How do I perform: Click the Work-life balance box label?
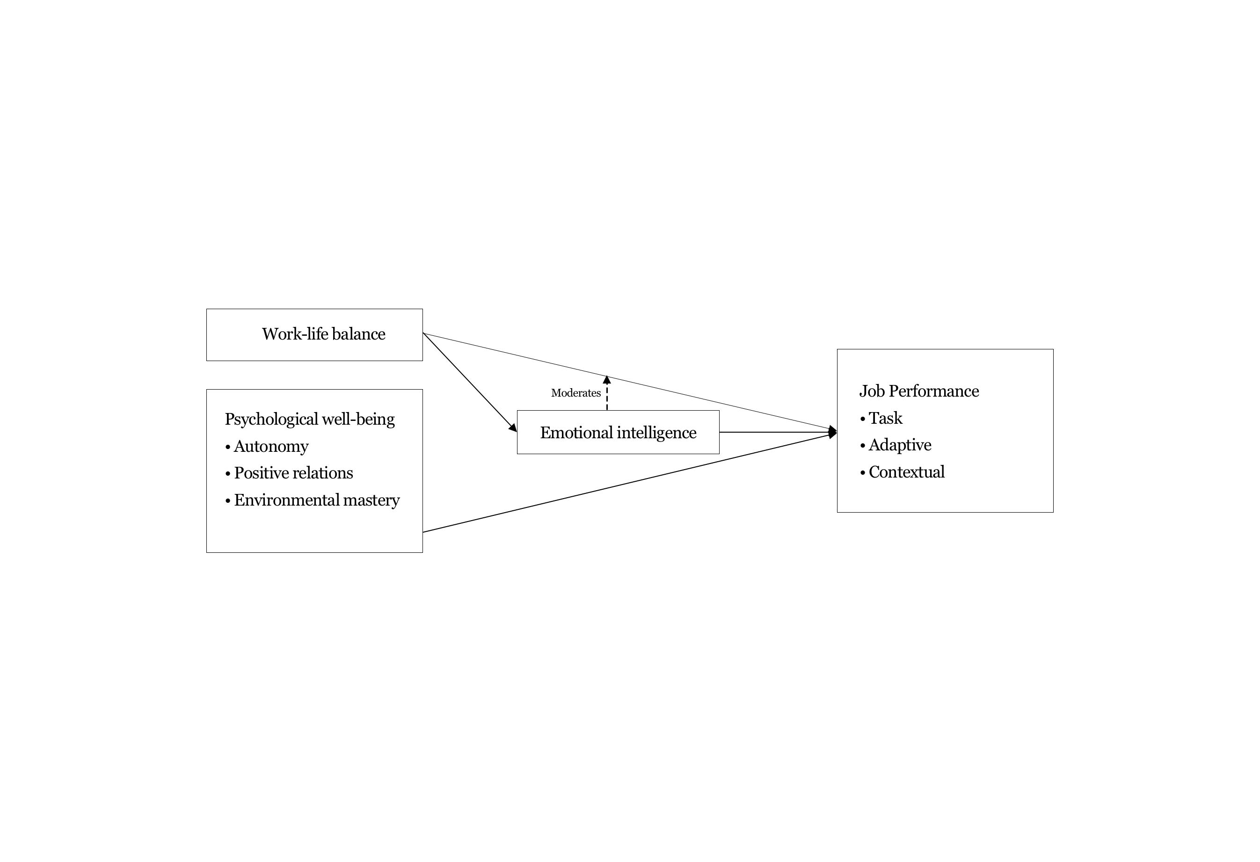323,334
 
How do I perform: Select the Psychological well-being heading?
310,419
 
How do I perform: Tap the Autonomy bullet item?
270,446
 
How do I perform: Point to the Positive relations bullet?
293,473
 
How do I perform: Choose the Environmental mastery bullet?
316,500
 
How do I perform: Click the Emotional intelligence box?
618,433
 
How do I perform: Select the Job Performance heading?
918,391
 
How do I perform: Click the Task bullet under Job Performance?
885,418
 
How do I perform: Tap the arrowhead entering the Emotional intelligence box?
513,428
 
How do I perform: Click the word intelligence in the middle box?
656,433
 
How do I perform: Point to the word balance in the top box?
358,334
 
